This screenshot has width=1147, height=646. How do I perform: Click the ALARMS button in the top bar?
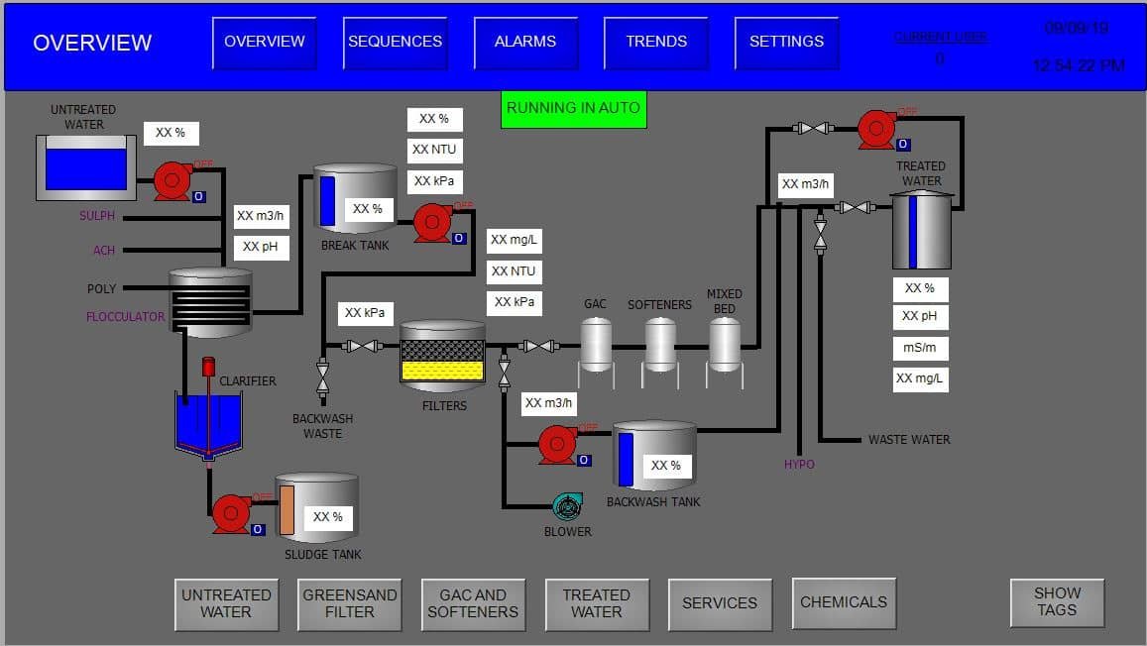coord(525,43)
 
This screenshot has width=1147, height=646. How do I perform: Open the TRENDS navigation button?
coord(655,43)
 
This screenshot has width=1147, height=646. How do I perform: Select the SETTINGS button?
coord(786,43)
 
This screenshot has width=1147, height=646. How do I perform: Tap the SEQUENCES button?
coord(395,43)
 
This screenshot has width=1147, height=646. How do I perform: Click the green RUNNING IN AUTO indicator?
coord(573,108)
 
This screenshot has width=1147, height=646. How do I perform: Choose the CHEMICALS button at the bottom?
coord(844,602)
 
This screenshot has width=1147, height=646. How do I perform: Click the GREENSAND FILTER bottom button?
coord(349,603)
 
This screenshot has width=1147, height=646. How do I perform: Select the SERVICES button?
coord(719,603)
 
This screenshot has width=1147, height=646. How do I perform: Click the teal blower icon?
coord(566,507)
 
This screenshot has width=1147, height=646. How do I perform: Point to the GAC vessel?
coord(596,344)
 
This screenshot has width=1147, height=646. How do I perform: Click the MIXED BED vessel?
coord(725,344)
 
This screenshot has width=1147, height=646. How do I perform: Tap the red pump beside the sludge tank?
coord(232,512)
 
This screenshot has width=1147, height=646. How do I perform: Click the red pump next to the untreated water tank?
coord(172,180)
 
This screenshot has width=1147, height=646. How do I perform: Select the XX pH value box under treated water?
coord(920,317)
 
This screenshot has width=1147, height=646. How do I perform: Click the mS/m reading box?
coord(920,348)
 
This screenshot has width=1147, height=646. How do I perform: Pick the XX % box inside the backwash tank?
coord(665,466)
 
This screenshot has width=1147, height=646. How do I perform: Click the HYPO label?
coord(799,464)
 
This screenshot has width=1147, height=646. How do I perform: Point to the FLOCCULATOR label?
coord(125,317)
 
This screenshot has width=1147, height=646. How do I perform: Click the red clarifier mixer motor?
coord(208,367)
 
